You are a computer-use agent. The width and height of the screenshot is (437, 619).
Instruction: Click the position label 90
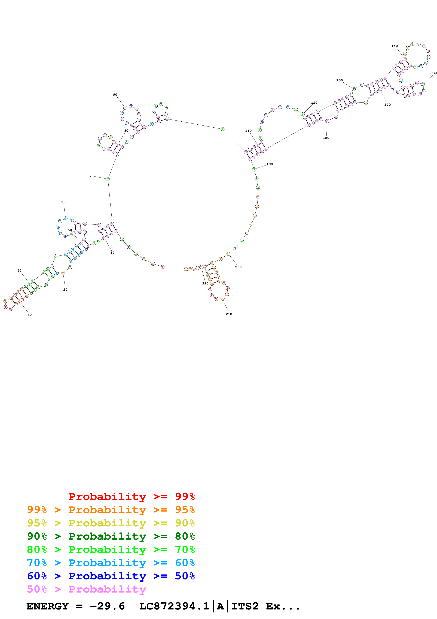115,95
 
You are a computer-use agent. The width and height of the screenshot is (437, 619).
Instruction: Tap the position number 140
395,46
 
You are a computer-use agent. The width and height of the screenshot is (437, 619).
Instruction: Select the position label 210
229,314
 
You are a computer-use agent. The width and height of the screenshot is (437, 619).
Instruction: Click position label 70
91,176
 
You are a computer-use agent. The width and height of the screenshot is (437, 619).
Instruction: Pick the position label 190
270,164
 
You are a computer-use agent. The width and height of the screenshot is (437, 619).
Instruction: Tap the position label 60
63,202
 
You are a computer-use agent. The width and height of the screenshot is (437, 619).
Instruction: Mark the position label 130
340,80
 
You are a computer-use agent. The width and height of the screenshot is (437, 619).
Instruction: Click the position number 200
238,267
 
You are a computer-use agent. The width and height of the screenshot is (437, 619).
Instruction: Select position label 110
248,131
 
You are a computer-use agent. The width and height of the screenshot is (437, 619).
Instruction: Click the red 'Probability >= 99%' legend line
131,496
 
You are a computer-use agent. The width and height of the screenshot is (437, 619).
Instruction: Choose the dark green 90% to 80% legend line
111,536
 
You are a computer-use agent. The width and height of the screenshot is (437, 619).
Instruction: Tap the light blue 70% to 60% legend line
111,563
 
